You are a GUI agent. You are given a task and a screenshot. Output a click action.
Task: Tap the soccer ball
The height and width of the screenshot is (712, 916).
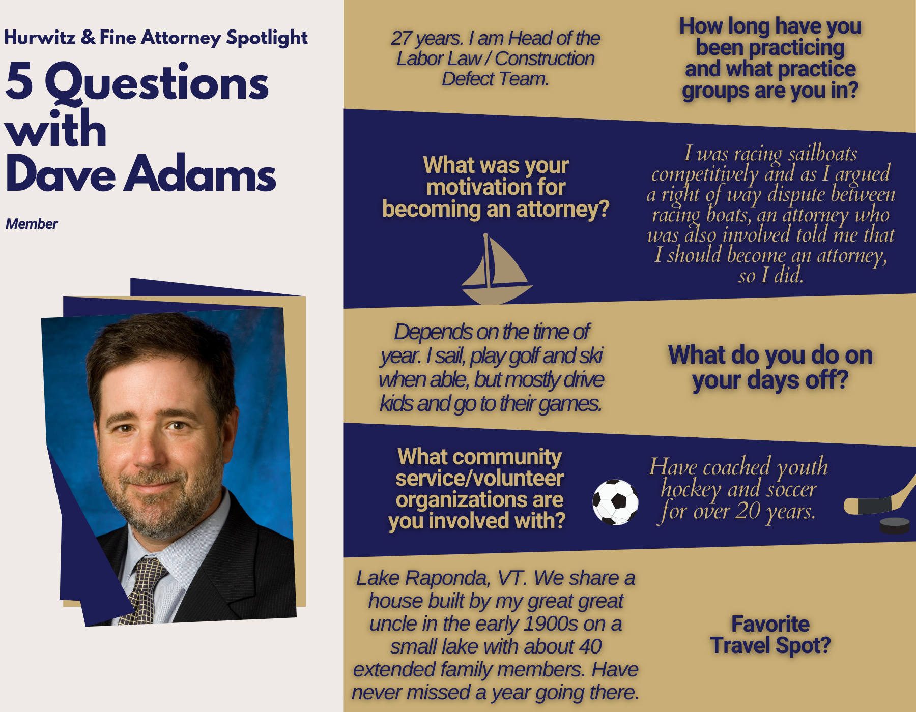615,502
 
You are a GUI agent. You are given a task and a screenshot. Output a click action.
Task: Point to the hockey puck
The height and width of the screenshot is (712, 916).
895,525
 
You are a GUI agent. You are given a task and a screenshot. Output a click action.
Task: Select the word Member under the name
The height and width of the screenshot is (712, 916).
32,224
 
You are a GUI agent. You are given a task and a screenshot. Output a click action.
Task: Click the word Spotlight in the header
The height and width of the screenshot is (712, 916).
267,38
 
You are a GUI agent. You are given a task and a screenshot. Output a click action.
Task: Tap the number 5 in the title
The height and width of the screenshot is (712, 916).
19,81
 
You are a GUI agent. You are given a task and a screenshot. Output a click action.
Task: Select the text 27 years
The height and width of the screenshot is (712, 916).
426,39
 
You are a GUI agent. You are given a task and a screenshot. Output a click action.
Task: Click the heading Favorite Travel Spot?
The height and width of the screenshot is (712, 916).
770,635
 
